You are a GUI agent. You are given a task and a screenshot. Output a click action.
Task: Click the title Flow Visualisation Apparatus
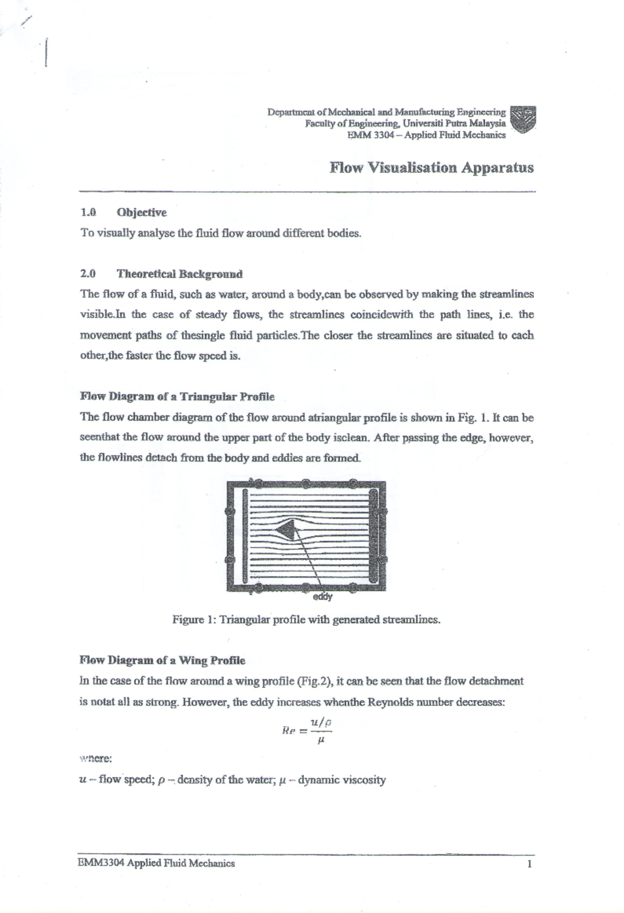click(431, 168)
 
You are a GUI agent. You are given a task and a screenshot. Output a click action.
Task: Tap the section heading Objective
click(141, 212)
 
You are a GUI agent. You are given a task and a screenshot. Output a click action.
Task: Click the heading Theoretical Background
click(179, 274)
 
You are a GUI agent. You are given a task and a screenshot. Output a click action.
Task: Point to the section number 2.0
click(88, 274)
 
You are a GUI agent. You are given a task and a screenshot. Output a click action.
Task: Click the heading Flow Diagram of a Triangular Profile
click(177, 396)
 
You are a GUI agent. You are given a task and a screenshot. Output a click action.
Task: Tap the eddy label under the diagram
click(322, 597)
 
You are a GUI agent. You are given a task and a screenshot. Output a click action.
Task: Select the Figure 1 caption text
click(306, 620)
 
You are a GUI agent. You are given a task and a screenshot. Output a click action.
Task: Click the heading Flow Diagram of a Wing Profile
click(162, 661)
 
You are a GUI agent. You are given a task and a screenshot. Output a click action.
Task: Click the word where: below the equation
click(95, 758)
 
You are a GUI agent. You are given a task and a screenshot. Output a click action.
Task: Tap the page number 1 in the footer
click(529, 864)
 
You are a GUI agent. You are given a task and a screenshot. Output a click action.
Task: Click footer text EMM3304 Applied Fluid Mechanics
click(156, 864)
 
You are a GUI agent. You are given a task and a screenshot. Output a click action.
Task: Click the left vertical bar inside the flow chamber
click(243, 536)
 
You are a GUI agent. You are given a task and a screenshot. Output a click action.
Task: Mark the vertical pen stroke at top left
click(47, 52)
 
